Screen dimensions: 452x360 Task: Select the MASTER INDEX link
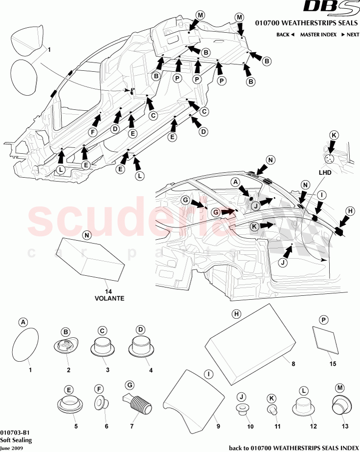coord(317,35)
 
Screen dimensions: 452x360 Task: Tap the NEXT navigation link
coord(350,35)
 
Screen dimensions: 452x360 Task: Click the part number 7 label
coord(130,426)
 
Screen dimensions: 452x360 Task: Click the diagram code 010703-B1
coord(15,432)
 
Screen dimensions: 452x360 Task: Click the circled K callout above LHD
coord(334,135)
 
